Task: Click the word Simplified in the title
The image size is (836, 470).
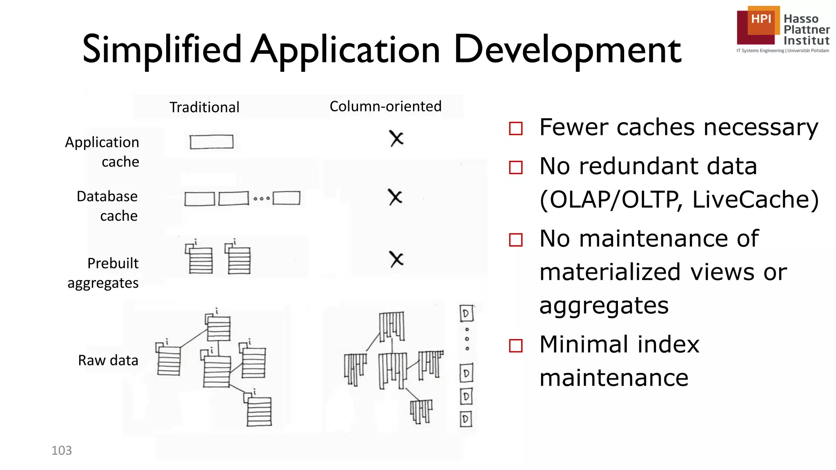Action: click(162, 50)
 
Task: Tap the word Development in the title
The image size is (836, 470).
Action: click(567, 50)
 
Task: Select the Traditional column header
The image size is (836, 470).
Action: click(204, 107)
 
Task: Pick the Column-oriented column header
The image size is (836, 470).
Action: click(385, 106)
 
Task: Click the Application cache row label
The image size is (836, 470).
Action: click(102, 152)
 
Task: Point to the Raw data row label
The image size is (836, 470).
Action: click(108, 361)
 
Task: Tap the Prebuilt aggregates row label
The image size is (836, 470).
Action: click(103, 273)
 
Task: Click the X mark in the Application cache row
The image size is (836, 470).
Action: click(396, 139)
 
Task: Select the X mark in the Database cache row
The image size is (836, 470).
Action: click(395, 197)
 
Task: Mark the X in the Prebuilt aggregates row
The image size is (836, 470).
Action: click(396, 259)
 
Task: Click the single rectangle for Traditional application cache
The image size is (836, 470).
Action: click(211, 142)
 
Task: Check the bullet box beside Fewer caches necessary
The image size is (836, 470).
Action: click(516, 129)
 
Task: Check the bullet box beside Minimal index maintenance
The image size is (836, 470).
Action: click(516, 346)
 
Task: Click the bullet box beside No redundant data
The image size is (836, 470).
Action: click(516, 167)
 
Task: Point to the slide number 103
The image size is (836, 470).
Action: click(62, 450)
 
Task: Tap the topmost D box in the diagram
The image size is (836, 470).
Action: click(466, 314)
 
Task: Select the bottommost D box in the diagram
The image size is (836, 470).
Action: click(465, 419)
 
